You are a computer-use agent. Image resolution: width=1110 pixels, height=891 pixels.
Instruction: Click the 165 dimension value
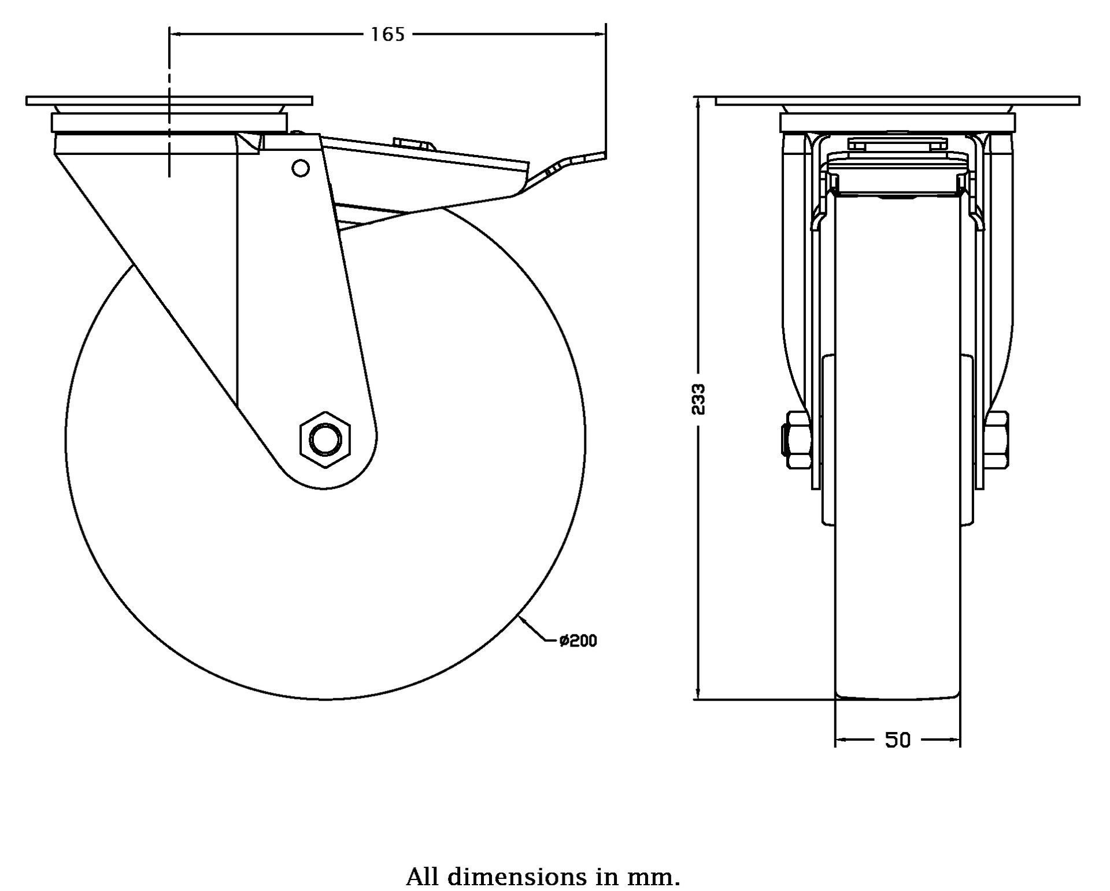(x=387, y=35)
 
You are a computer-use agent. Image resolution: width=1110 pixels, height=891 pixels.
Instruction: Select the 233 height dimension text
(x=699, y=399)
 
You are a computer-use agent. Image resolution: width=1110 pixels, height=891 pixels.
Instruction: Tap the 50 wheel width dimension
(x=897, y=740)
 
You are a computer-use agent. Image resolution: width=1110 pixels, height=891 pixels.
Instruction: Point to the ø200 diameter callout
(x=578, y=641)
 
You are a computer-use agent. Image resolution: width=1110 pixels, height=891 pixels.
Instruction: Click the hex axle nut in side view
(x=325, y=440)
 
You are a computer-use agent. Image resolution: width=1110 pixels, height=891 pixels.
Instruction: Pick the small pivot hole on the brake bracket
(x=300, y=168)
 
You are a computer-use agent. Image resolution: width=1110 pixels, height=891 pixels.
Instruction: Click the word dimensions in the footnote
(x=517, y=877)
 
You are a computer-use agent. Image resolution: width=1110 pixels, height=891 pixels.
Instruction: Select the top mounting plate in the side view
(x=169, y=101)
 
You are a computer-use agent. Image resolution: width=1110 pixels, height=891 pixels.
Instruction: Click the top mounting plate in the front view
(x=897, y=101)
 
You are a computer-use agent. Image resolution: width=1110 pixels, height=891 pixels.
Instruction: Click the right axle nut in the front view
(x=997, y=440)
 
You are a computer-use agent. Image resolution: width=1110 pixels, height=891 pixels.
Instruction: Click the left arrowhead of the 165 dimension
(x=174, y=35)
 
